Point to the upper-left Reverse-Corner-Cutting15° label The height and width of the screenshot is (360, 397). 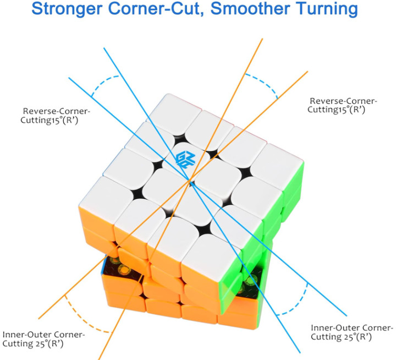[x=55, y=116]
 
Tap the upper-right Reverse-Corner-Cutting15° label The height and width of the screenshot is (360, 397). [x=342, y=105]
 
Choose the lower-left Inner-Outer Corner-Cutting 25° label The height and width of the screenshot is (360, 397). [x=43, y=339]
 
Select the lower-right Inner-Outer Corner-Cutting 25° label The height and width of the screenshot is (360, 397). [x=352, y=332]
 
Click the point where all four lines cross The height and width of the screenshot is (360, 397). [x=190, y=181]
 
